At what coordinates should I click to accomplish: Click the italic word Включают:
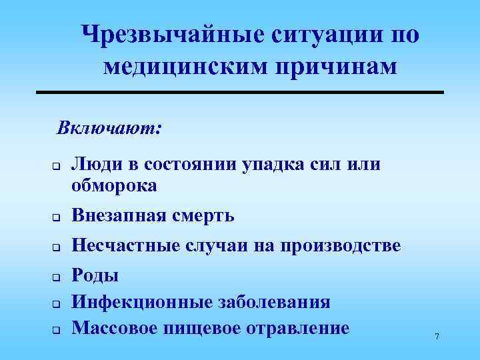tap(109, 126)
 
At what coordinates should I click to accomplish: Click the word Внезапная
tap(123, 215)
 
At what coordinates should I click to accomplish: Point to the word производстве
tap(344, 245)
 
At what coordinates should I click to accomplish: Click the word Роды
tap(95, 275)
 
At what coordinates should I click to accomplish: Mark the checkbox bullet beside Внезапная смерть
tap(58, 217)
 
